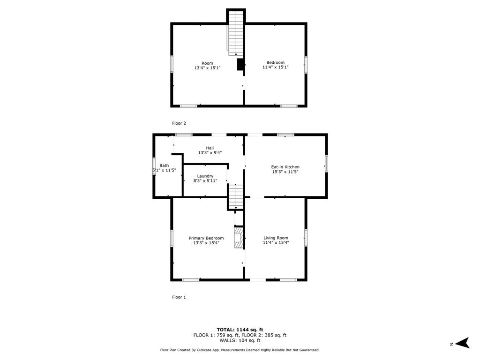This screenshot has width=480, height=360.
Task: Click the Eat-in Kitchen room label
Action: [x=285, y=167]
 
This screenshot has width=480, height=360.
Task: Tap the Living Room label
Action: [x=276, y=238]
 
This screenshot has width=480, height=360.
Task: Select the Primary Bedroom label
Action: [x=206, y=238]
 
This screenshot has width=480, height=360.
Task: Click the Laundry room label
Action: [x=205, y=176]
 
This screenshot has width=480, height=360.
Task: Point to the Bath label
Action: [x=164, y=165]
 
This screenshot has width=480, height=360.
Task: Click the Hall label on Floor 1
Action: [x=210, y=148]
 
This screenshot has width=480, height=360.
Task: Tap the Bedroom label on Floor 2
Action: [x=275, y=62]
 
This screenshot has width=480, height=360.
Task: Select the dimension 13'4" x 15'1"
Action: [x=207, y=68]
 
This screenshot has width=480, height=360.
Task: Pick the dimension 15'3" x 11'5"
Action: [x=285, y=172]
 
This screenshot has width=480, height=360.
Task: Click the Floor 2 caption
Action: [x=179, y=123]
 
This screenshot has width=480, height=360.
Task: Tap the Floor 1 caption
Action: [x=179, y=297]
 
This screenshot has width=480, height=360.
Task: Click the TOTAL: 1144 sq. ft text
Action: [x=240, y=330]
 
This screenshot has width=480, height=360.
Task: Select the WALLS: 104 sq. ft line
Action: [x=240, y=340]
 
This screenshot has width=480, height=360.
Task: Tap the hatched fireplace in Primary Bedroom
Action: [x=239, y=237]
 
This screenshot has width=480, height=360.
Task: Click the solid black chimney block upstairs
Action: [x=240, y=65]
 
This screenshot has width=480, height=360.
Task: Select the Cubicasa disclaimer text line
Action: [x=240, y=350]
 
